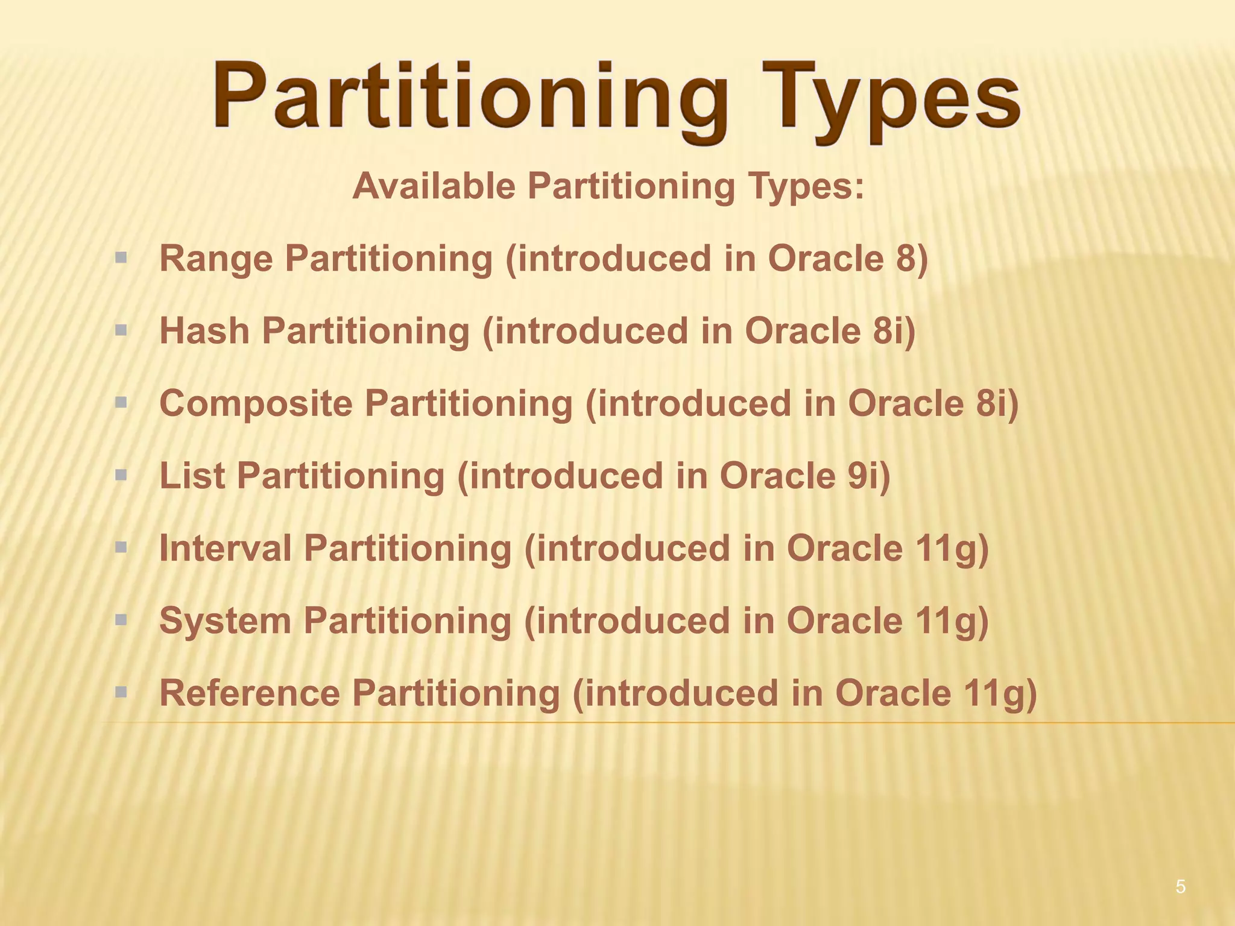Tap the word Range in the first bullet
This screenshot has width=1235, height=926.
[x=216, y=259]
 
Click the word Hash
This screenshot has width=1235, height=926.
[x=204, y=331]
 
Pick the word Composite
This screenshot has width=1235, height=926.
[x=256, y=403]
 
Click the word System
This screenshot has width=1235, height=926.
[x=225, y=620]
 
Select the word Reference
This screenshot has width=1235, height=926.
[x=250, y=693]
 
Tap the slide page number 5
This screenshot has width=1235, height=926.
[x=1180, y=887]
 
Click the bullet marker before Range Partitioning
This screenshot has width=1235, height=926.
[x=121, y=259]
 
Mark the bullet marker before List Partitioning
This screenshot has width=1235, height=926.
[x=121, y=476]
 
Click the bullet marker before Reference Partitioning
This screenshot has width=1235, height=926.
[x=121, y=693]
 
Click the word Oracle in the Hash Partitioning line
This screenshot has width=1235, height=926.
[x=802, y=331]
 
